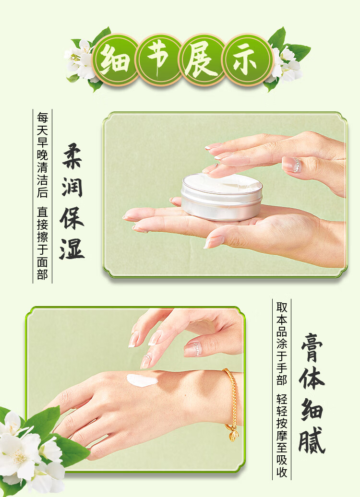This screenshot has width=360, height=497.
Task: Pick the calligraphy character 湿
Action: (x=72, y=248)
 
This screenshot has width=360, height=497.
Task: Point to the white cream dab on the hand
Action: (x=142, y=380)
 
